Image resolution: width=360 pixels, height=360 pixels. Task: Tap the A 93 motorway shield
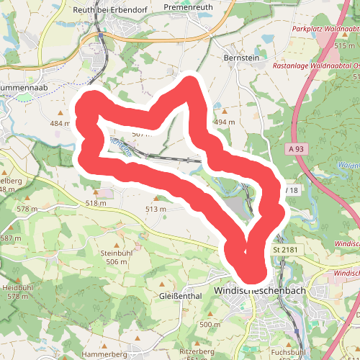(x=293, y=148)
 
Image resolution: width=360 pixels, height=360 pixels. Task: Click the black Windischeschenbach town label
(x=256, y=290)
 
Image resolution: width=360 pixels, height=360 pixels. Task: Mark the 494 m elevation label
(x=225, y=122)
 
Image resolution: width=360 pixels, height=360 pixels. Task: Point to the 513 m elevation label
(x=156, y=209)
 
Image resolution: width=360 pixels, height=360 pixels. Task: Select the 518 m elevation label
(x=96, y=204)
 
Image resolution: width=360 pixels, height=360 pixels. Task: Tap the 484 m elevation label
(x=60, y=124)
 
